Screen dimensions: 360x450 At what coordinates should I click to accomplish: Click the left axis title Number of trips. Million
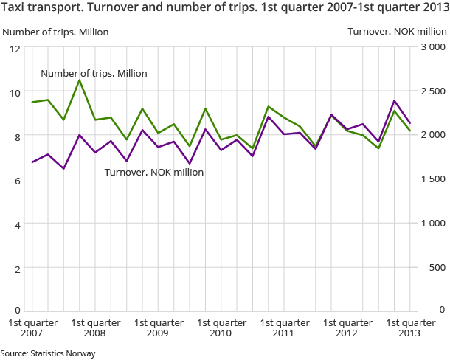pyautogui.click(x=55, y=32)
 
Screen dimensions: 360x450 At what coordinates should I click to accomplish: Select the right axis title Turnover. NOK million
pyautogui.click(x=397, y=32)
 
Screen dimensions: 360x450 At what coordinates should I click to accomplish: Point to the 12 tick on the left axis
pyautogui.click(x=14, y=49)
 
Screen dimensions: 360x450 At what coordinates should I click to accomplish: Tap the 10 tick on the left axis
pyautogui.click(x=14, y=92)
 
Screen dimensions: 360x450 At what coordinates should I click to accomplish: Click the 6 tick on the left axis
pyautogui.click(x=17, y=180)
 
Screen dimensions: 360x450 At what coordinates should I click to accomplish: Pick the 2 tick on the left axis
pyautogui.click(x=17, y=268)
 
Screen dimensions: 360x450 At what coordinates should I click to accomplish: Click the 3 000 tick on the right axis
pyautogui.click(x=435, y=48)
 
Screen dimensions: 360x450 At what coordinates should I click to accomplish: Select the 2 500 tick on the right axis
pyautogui.click(x=435, y=91)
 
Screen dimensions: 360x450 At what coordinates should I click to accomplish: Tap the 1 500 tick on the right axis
pyautogui.click(x=435, y=179)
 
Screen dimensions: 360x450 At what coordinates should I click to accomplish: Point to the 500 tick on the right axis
pyautogui.click(x=438, y=267)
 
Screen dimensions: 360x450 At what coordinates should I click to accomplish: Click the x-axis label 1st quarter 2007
pyautogui.click(x=32, y=328)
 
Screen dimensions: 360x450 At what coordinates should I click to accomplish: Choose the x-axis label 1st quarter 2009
pyautogui.click(x=159, y=328)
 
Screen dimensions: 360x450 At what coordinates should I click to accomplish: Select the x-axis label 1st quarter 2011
pyautogui.click(x=285, y=328)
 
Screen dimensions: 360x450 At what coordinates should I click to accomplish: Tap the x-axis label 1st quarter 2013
pyautogui.click(x=411, y=328)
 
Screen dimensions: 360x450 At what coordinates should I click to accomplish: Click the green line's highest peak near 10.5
pyautogui.click(x=80, y=80)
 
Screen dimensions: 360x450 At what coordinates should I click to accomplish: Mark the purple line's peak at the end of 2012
pyautogui.click(x=395, y=101)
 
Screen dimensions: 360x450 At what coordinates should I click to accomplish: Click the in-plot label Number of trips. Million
pyautogui.click(x=94, y=74)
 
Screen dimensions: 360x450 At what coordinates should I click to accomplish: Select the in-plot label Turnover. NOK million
pyautogui.click(x=153, y=172)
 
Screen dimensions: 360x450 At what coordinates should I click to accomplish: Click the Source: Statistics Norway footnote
pyautogui.click(x=49, y=353)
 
